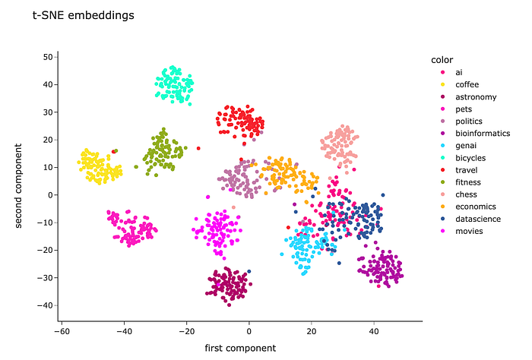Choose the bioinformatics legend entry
481,133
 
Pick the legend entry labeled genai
467,145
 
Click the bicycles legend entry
470,157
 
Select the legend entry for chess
467,194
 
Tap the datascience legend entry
477,218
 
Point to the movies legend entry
469,230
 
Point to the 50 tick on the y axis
47,57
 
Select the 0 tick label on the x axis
249,332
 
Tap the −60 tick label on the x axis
62,332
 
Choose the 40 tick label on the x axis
373,332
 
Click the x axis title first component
240,348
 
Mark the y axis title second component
19,181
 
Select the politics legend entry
469,121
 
